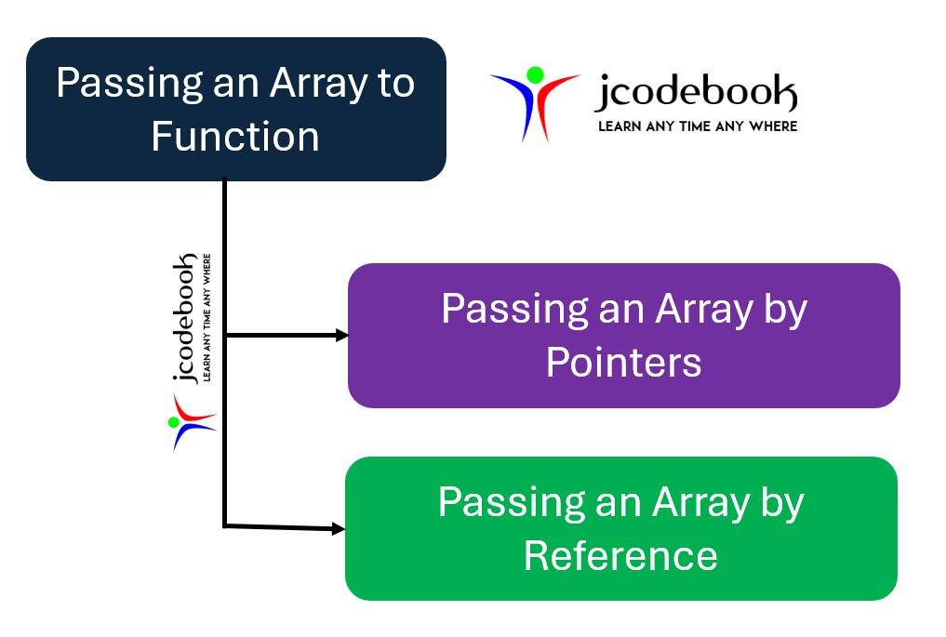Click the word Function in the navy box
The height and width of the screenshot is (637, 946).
click(x=235, y=137)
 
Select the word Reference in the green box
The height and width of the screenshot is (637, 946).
click(x=620, y=555)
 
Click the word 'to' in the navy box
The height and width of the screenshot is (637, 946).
click(x=393, y=84)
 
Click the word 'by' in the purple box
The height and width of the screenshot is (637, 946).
click(x=782, y=309)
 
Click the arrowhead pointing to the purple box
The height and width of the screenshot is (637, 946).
click(x=340, y=335)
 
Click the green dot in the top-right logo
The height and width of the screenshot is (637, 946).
click(x=534, y=74)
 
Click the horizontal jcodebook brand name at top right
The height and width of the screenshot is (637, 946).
click(x=696, y=94)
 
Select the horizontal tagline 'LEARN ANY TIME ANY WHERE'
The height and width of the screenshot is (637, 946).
click(x=697, y=126)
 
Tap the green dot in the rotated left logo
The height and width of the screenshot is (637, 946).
click(x=173, y=422)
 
